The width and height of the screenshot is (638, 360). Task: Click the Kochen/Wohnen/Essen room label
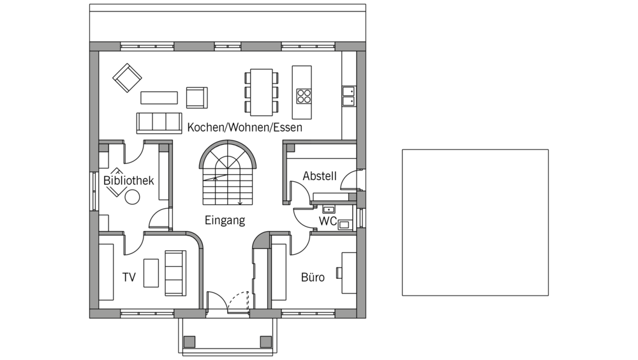[x=244, y=128]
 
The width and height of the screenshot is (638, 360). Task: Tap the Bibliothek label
[x=129, y=181]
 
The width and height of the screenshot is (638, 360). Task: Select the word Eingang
[x=225, y=220]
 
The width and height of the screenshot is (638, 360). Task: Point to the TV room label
[x=129, y=277]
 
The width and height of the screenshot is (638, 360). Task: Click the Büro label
[x=313, y=277]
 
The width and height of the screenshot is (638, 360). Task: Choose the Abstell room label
[x=320, y=176]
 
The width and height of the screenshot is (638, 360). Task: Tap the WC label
[x=327, y=221]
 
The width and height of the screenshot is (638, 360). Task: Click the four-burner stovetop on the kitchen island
[x=304, y=96]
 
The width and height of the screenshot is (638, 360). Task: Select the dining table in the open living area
[x=261, y=93]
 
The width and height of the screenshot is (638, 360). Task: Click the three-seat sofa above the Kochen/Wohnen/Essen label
[x=159, y=123]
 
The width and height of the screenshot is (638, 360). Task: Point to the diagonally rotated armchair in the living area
[x=128, y=78]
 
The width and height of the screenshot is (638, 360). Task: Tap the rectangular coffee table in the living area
[x=159, y=98]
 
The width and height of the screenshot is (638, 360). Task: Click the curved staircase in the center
[x=228, y=172]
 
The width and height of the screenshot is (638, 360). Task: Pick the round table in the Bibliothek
[x=132, y=198]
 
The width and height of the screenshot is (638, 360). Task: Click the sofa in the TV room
[x=175, y=273]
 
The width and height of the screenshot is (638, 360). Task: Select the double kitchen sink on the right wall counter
[x=348, y=96]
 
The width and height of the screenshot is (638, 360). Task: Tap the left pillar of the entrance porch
[x=189, y=341]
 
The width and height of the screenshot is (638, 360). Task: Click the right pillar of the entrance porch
[x=265, y=341]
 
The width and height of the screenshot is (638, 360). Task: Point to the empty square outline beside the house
[x=475, y=150]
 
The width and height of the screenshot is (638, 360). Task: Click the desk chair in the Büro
[x=339, y=273]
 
